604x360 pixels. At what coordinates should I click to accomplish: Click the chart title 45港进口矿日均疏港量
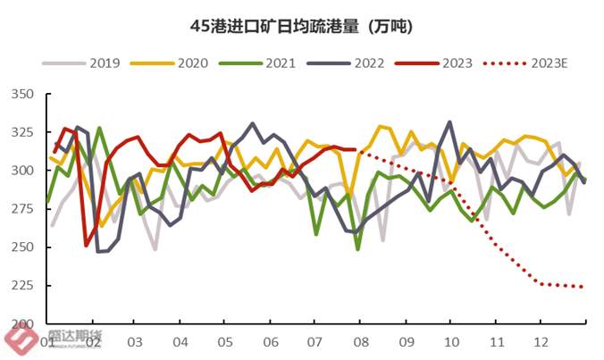(x=301, y=28)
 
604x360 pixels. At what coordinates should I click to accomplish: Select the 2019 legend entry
(x=89, y=63)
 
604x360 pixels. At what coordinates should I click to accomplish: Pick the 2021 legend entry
(x=256, y=63)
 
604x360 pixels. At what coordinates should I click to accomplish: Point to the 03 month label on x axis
(x=136, y=342)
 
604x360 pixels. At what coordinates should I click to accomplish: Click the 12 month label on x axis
(x=541, y=342)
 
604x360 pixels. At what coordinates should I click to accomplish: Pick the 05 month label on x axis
(x=226, y=342)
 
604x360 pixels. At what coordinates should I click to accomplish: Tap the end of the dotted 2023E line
(x=583, y=287)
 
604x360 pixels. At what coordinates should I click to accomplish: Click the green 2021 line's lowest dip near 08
(x=358, y=249)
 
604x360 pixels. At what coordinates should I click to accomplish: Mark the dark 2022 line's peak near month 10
(x=449, y=122)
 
